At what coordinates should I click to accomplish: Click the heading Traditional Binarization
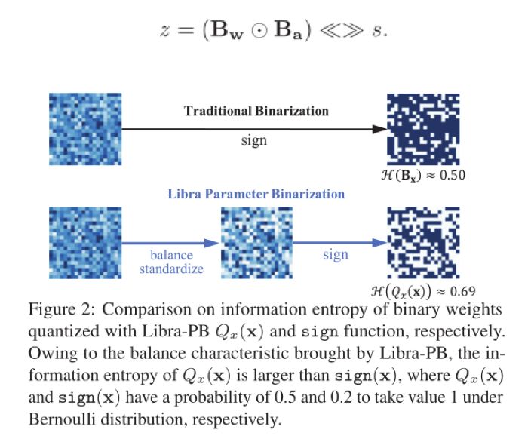tap(256, 111)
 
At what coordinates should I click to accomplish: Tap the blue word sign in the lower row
tap(336, 254)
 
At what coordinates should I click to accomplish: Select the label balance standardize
tap(171, 261)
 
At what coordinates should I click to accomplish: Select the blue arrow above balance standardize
tap(171, 243)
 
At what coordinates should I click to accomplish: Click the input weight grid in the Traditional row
tap(82, 127)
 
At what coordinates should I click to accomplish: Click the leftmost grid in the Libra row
tap(82, 242)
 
